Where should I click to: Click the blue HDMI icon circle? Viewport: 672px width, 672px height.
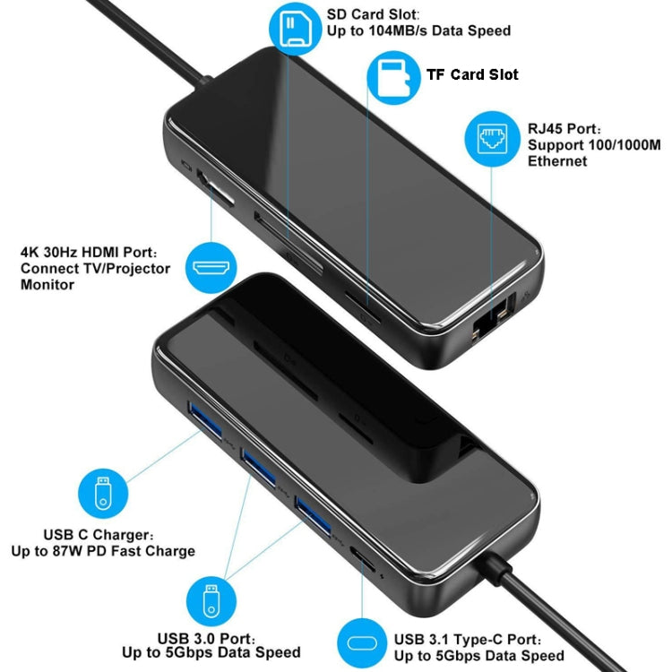(212, 267)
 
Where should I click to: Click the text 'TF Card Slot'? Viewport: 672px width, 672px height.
(471, 74)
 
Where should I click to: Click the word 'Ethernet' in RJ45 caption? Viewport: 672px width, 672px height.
(557, 161)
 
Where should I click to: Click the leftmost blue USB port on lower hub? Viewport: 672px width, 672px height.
(202, 420)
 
